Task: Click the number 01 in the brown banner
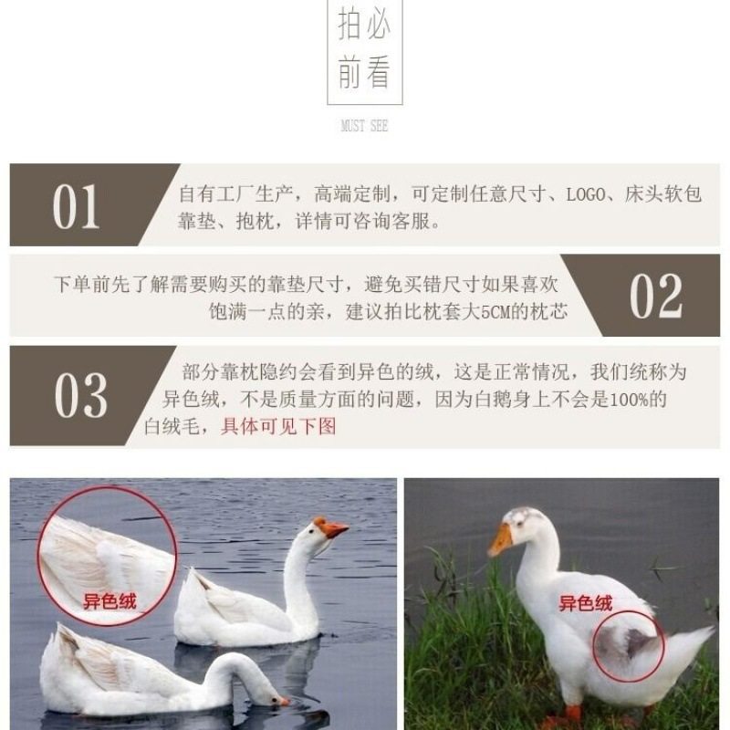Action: coord(76,207)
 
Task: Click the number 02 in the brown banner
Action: coord(656,297)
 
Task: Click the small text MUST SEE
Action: coord(364,126)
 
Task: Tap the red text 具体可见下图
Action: coord(278,426)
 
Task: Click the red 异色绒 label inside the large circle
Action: coord(109,600)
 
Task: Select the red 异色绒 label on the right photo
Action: coord(585,603)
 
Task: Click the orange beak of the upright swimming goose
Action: coord(332,528)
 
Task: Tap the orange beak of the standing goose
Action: coord(500,541)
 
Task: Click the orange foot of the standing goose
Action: coord(573,713)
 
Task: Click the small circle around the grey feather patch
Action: coord(627,644)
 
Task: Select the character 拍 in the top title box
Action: coord(350,26)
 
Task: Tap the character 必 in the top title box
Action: coord(378,26)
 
